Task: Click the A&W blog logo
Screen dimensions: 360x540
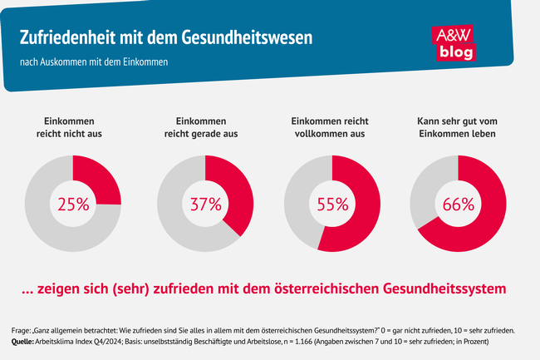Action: click(454, 42)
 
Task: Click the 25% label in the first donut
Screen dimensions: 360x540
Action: click(72, 203)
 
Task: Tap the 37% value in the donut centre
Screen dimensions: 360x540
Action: click(204, 203)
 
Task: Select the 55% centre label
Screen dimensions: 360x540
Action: click(332, 203)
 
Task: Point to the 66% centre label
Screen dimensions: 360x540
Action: click(458, 203)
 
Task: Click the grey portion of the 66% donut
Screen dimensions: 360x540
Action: click(425, 183)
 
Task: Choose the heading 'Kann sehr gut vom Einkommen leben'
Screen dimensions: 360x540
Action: click(458, 127)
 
